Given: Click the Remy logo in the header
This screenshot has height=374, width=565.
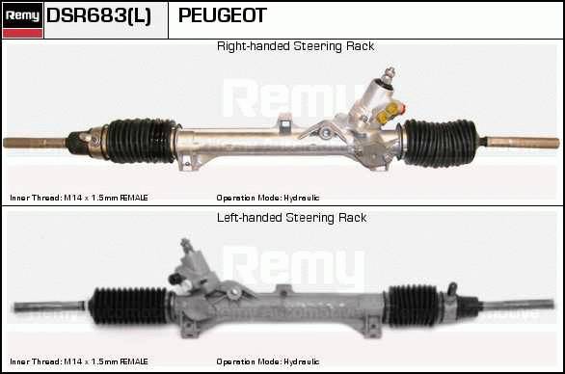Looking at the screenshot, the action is coord(22,20).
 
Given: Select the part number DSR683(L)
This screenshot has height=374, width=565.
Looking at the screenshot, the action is coord(98,15).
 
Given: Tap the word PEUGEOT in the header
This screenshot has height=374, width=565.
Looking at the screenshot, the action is coord(223,15).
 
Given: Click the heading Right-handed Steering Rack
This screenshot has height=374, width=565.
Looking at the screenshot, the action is coord(295,46).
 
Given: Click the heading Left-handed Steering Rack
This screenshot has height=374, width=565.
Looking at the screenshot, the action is coord(291,218).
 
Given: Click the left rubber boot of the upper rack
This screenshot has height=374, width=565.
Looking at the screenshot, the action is coord(141,141).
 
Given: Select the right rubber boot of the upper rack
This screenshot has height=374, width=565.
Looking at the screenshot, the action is coord(440,143).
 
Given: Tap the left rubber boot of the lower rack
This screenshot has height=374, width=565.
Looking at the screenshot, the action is coord(128,306).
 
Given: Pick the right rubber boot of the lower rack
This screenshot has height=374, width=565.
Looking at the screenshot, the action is coord(413,306).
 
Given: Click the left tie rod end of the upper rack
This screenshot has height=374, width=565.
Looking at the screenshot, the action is coord(35,143).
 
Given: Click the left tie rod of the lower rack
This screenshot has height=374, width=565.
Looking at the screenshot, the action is coord(49,307).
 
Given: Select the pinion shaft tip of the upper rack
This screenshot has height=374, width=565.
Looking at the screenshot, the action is coord(390,73).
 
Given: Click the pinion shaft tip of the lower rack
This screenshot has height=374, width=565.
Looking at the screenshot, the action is coord(187,244).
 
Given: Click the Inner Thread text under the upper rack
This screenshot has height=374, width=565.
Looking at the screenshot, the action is coord(79,198).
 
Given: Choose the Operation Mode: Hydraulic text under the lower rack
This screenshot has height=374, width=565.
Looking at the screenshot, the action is coord(268,361).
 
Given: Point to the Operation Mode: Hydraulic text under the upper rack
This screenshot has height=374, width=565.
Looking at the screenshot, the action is coord(268,199).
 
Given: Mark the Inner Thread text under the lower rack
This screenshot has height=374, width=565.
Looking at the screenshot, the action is coord(79,361).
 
